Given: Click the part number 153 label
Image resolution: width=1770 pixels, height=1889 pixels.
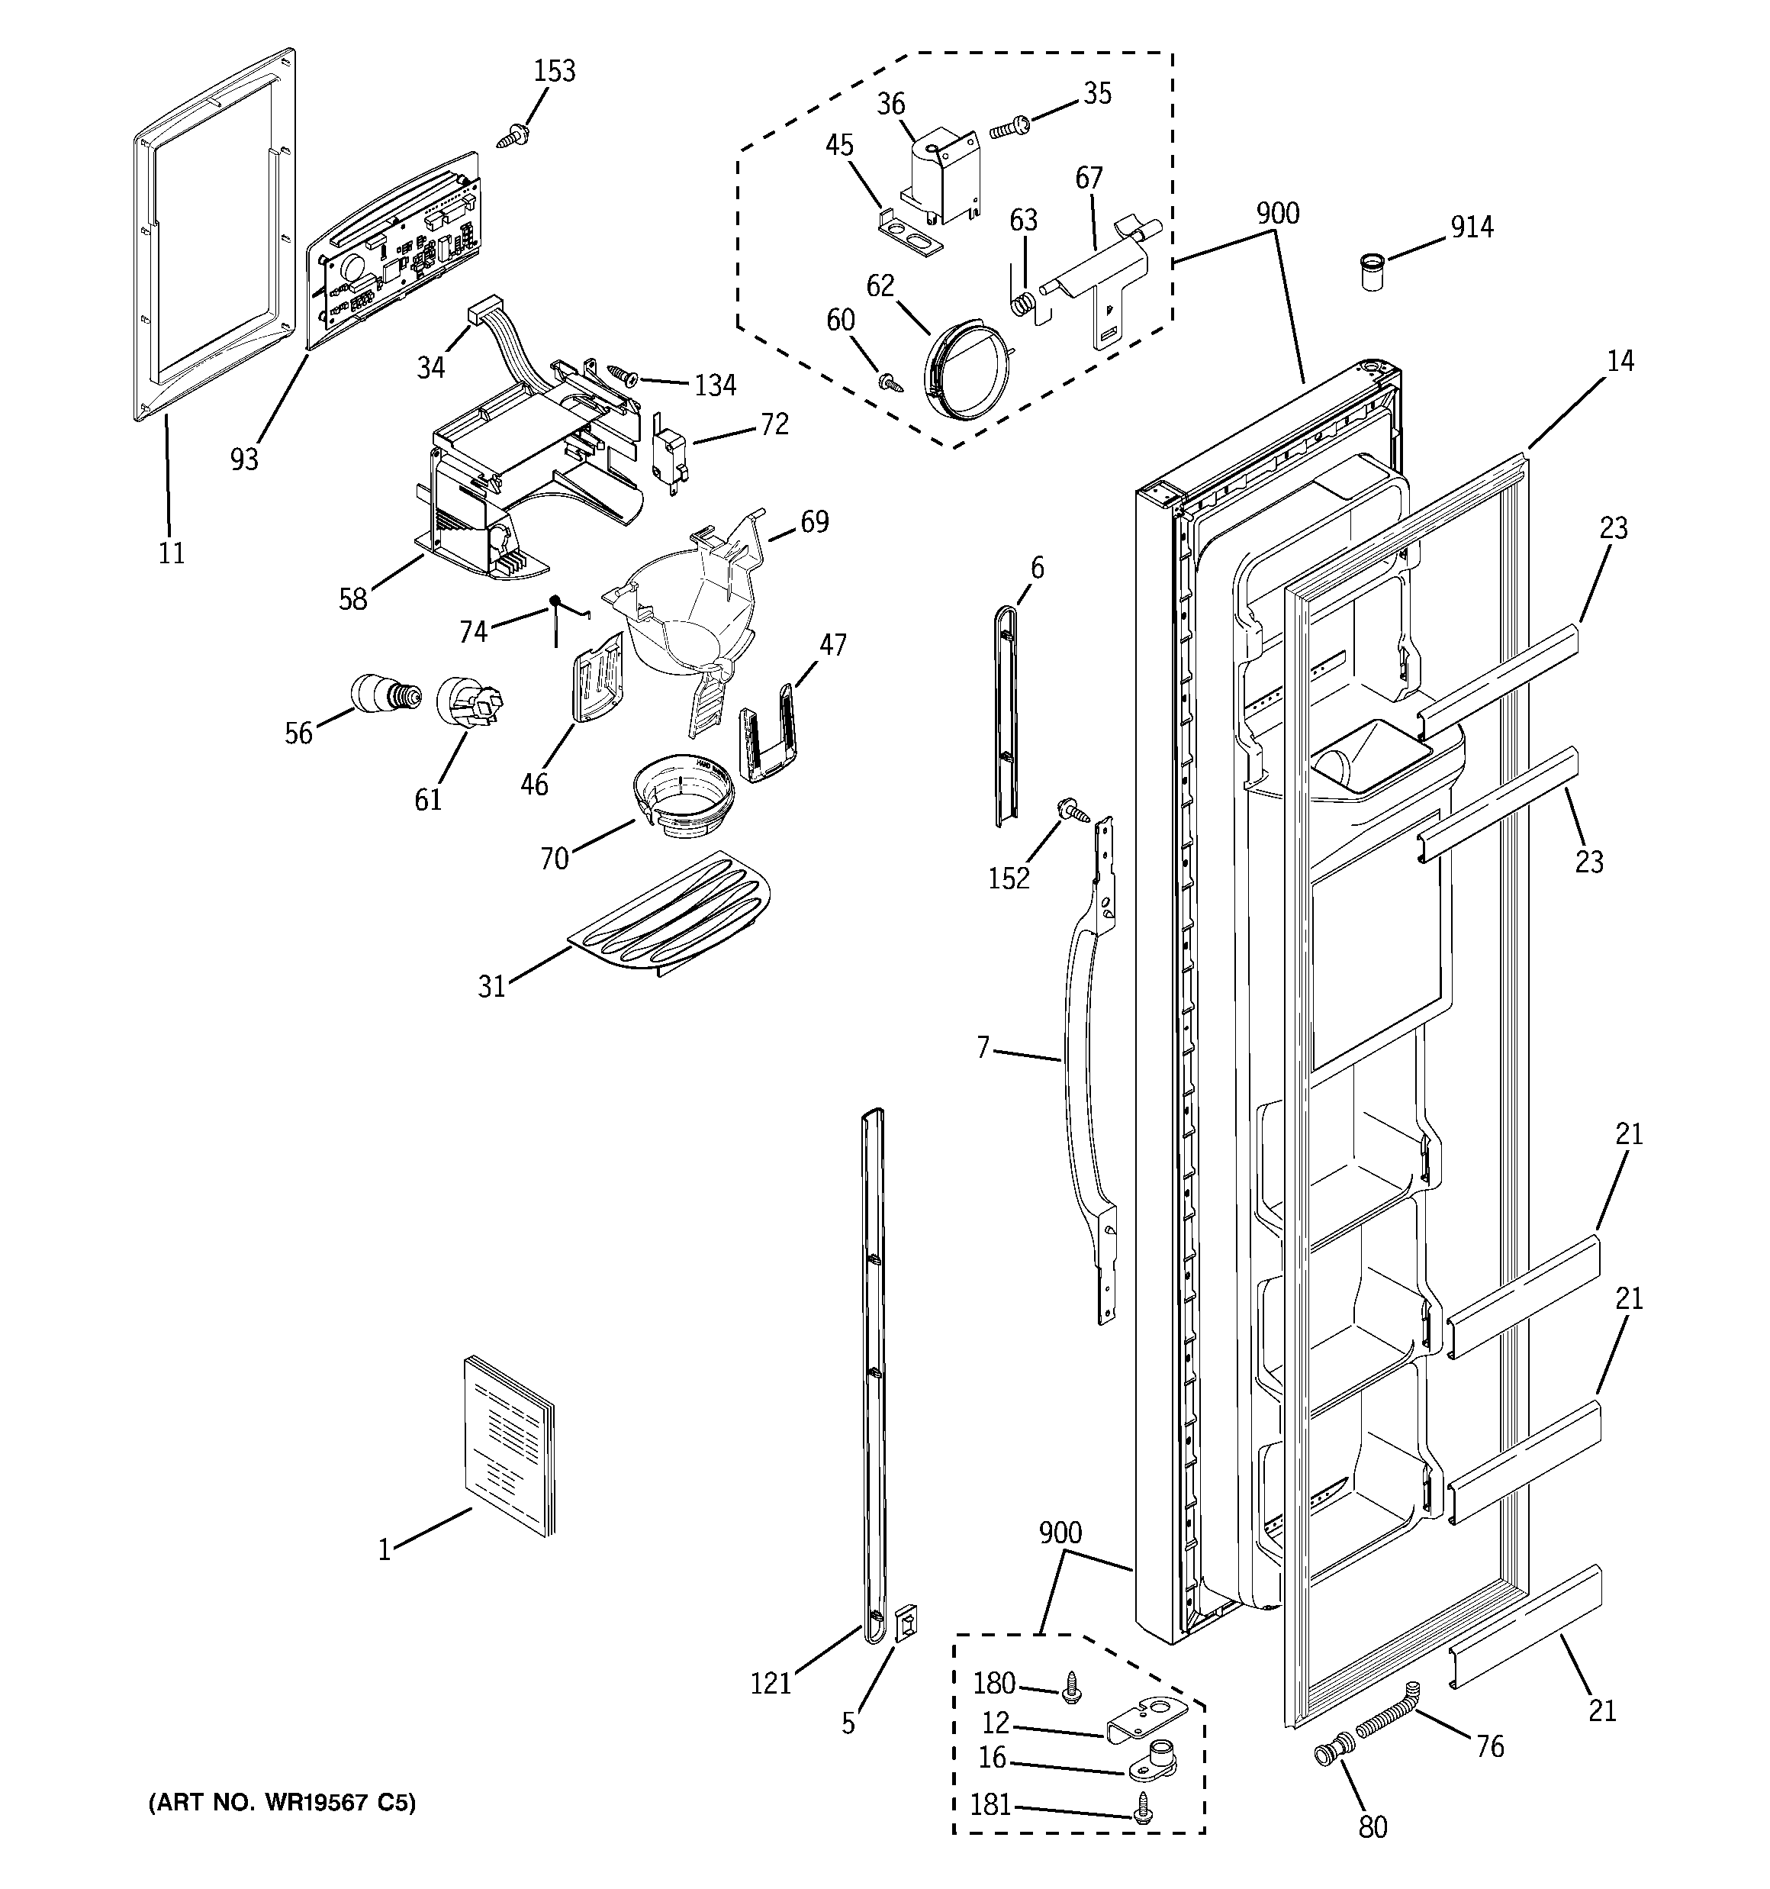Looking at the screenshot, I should [554, 71].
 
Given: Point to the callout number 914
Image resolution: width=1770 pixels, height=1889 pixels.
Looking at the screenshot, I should [1472, 227].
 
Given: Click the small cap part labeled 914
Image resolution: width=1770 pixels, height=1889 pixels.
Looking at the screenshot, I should [1371, 271].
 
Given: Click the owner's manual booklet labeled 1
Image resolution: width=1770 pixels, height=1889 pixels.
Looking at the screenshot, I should [507, 1446].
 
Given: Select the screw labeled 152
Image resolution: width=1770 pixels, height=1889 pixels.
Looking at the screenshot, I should [1074, 811].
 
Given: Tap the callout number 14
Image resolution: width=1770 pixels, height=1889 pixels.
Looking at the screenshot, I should [1620, 361].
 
